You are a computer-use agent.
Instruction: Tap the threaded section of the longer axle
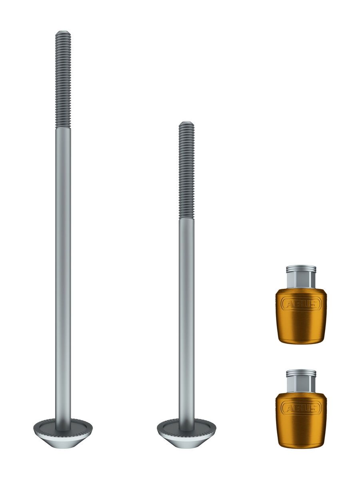[63, 80]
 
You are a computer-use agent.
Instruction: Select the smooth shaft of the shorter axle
[186, 320]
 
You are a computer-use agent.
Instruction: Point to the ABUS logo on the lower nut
[301, 408]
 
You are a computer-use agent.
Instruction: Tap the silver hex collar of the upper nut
[301, 280]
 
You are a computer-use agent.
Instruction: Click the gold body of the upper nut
[301, 326]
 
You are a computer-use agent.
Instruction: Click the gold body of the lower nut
[301, 430]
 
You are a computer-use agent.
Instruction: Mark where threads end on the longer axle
[63, 128]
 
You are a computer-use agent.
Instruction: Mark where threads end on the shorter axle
[186, 218]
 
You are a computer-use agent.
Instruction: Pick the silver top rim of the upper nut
[301, 268]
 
